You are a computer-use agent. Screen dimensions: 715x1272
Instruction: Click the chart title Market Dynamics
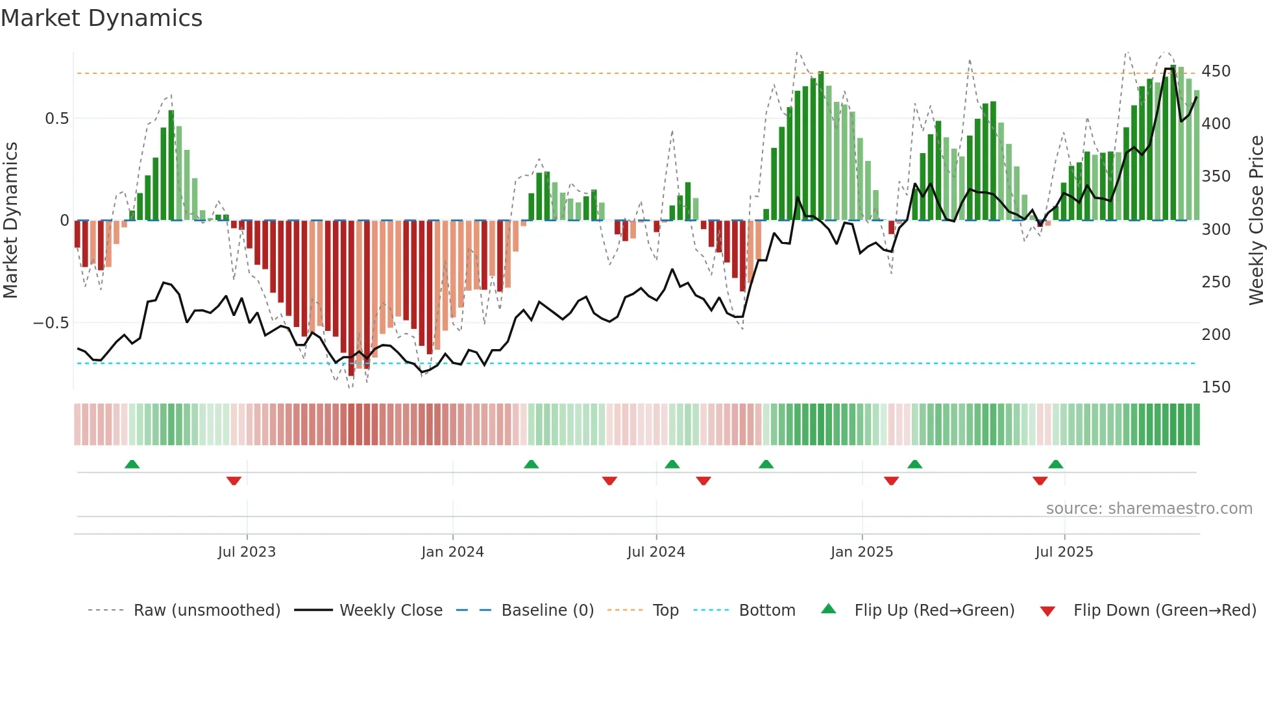(102, 18)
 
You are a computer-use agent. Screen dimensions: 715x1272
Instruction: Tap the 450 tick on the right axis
(1216, 71)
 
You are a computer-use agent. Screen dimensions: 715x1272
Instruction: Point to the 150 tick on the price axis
(1216, 387)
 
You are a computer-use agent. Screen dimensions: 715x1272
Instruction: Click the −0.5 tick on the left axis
(51, 322)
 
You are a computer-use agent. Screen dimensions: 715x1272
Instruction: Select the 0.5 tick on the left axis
(56, 118)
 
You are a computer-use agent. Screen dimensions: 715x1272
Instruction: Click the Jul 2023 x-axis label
(247, 552)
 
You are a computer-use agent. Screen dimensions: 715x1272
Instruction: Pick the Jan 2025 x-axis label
(862, 552)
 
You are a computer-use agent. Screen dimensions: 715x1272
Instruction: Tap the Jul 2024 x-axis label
(656, 552)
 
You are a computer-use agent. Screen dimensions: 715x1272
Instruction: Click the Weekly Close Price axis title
(1256, 220)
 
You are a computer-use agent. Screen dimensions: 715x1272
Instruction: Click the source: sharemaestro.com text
(1149, 509)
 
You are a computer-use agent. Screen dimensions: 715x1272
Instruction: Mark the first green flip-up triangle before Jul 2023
(132, 464)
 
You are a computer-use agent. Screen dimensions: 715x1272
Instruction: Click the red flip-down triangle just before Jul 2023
(234, 481)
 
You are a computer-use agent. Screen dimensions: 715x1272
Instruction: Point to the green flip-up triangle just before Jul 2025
(1055, 464)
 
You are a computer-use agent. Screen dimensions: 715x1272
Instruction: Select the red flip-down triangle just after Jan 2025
(891, 481)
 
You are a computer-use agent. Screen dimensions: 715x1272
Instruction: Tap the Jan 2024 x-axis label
(452, 552)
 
